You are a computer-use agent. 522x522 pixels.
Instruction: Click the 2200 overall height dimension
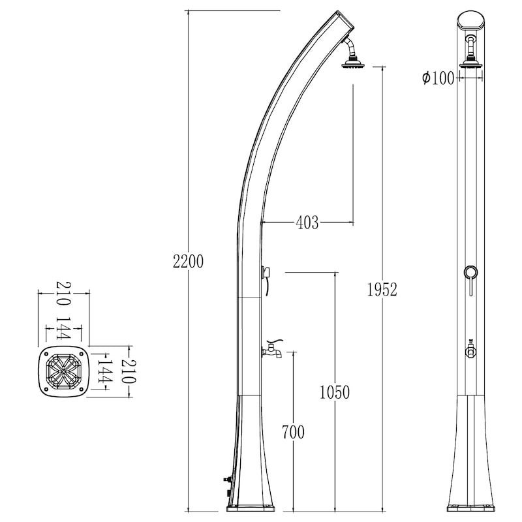coord(188,262)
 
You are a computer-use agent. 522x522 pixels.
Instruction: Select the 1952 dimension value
coord(382,290)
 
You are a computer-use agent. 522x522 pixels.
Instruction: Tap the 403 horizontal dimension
coord(307,223)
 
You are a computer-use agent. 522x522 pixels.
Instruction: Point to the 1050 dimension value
coord(335,392)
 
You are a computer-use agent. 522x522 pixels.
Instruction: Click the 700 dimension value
coord(293,432)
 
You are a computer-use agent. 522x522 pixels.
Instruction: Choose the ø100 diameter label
coord(438,78)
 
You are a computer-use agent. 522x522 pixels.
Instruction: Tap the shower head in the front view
coord(470,63)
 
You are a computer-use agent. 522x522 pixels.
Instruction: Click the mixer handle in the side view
coord(266,278)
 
